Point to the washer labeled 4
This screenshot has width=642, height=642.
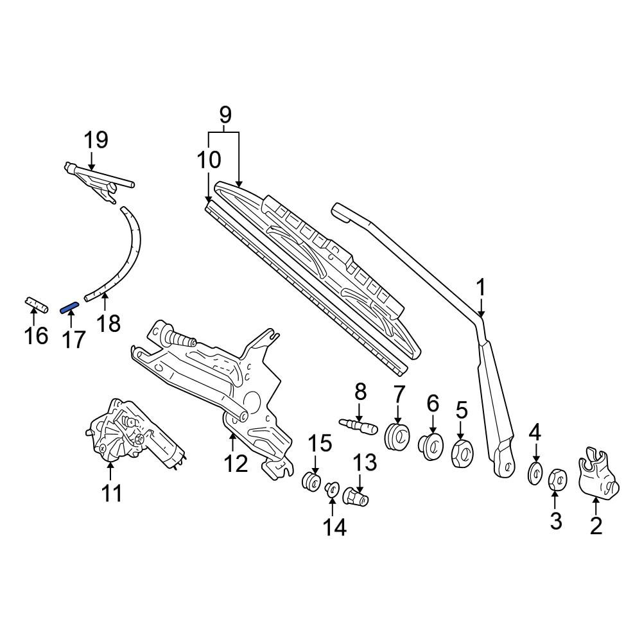[x=535, y=473]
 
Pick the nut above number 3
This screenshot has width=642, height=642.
[x=558, y=480]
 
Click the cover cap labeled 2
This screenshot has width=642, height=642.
[x=598, y=474]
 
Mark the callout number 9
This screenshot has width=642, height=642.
[x=225, y=115]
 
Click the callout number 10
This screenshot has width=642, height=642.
[x=209, y=160]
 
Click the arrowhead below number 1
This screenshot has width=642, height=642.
[x=481, y=313]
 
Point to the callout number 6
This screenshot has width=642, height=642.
[x=433, y=403]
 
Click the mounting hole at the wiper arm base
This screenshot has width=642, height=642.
[x=507, y=466]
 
